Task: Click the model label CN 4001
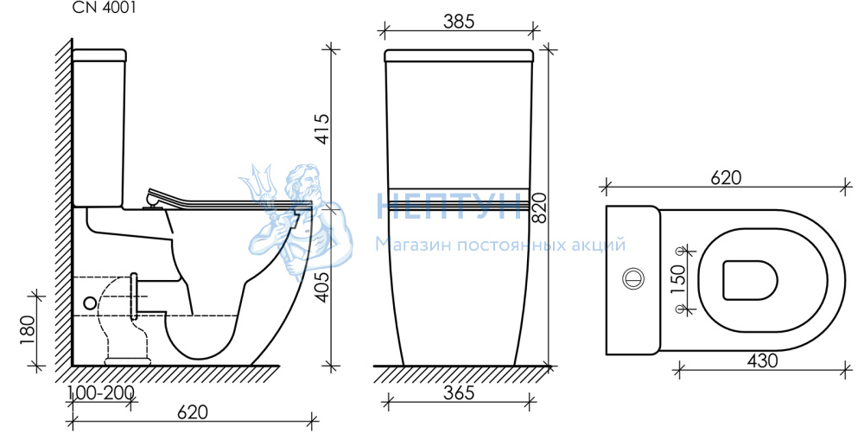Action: tap(105, 8)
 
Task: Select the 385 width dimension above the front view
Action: tap(459, 22)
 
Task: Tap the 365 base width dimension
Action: tap(459, 392)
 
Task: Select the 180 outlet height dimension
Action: tap(27, 330)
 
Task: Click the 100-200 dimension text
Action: tap(101, 392)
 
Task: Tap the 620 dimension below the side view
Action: tap(193, 411)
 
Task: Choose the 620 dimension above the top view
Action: tap(726, 177)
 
